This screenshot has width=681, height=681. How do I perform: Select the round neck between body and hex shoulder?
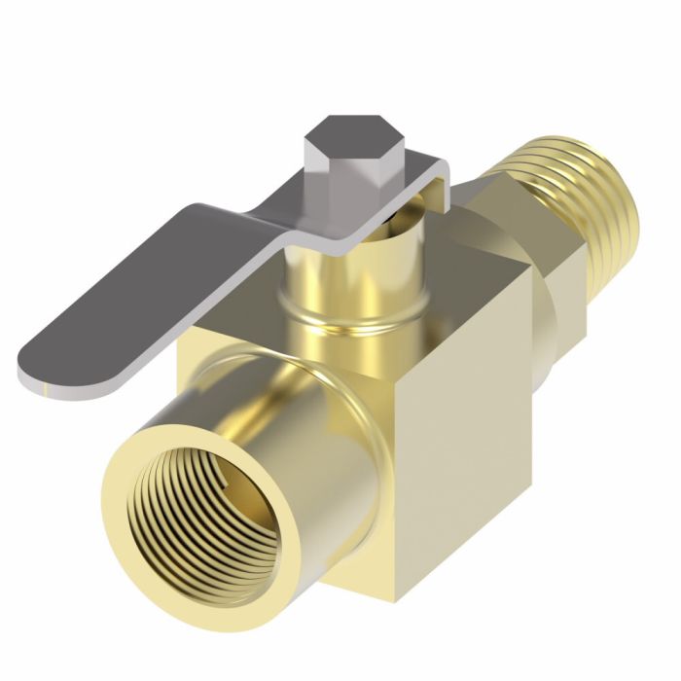click(x=555, y=321)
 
